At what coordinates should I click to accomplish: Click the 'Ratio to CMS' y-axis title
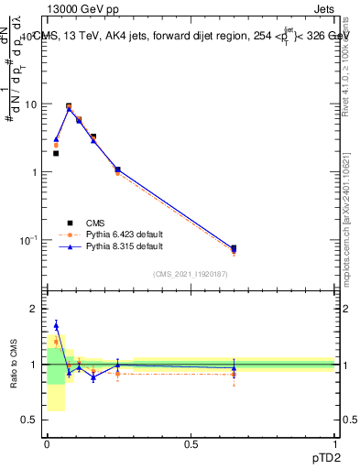(13, 365)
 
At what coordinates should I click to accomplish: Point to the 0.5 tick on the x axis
(191, 444)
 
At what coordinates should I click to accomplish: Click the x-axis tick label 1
(335, 444)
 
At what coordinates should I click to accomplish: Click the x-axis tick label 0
(47, 444)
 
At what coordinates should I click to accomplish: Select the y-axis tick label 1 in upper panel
(34, 172)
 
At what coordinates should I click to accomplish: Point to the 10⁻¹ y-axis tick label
(28, 240)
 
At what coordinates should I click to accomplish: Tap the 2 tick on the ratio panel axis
(34, 309)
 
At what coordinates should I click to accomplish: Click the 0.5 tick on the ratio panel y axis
(28, 420)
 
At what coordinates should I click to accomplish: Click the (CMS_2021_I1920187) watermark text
(191, 274)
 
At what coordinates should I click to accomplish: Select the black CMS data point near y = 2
(56, 153)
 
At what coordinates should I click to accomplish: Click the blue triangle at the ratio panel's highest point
(56, 325)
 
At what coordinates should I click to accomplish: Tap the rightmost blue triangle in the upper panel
(234, 249)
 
